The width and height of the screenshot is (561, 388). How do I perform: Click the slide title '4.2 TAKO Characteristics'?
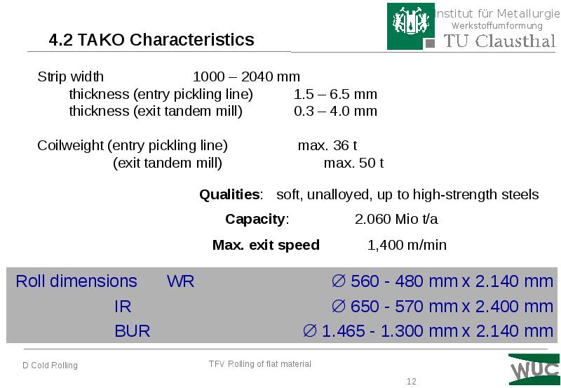tap(151, 39)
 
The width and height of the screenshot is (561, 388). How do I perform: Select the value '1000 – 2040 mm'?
tap(246, 76)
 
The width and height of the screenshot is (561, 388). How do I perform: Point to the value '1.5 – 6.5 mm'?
tap(335, 94)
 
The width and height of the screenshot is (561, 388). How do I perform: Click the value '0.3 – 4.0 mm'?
tap(335, 111)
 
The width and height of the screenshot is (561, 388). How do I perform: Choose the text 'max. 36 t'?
tap(327, 146)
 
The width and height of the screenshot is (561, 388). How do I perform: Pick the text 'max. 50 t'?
tap(353, 163)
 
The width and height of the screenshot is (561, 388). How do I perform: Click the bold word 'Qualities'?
tap(230, 194)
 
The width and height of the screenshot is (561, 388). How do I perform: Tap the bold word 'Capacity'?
tap(256, 219)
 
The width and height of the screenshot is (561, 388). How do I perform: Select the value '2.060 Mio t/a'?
tap(396, 219)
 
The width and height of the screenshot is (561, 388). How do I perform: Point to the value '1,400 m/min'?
tap(407, 245)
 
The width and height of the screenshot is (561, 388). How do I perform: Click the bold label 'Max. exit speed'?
tap(266, 245)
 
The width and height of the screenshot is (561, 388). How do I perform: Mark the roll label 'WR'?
tap(180, 282)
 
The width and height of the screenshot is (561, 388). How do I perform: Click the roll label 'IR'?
tap(123, 307)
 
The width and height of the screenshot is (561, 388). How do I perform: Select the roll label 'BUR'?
tap(133, 330)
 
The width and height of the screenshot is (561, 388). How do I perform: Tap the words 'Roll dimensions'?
tap(76, 282)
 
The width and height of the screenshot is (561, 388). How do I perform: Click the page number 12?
tap(412, 382)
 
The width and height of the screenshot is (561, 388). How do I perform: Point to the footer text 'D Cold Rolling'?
tap(50, 366)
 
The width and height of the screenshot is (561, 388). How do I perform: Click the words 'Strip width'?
tap(70, 76)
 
